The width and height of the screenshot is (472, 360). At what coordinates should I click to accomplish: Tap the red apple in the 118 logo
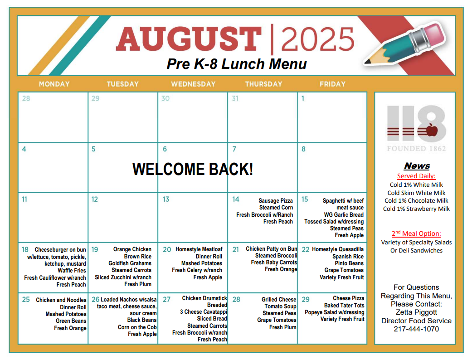click(x=432, y=130)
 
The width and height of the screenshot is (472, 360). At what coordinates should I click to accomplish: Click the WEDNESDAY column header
click(x=193, y=84)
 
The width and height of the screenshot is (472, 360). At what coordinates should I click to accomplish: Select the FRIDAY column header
click(x=332, y=84)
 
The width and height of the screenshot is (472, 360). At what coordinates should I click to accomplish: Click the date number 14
click(x=236, y=199)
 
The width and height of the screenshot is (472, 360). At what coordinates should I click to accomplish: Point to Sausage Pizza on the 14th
click(x=275, y=201)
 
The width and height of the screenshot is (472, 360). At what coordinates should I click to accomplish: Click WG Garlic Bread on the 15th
click(x=344, y=214)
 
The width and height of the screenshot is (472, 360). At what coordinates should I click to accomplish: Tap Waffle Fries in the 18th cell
click(x=72, y=271)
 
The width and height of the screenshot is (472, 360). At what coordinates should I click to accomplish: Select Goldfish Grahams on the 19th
click(x=130, y=263)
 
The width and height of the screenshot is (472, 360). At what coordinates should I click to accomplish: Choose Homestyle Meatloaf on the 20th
click(x=199, y=249)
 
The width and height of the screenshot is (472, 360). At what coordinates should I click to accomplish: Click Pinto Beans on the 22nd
click(x=349, y=263)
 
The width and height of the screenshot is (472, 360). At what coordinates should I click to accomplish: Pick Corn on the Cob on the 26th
click(x=137, y=327)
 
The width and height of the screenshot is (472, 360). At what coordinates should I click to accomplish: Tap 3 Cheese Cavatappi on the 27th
click(x=204, y=312)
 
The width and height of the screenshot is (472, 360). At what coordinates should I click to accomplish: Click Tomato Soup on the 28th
click(x=280, y=306)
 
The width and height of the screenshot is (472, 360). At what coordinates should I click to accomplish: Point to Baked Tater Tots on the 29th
click(x=344, y=305)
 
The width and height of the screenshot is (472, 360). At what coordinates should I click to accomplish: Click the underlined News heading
click(x=417, y=166)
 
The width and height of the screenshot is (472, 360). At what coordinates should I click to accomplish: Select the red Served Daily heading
click(x=416, y=176)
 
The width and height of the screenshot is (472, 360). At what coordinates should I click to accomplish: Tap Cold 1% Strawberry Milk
click(x=416, y=209)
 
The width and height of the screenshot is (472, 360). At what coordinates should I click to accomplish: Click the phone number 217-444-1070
click(x=416, y=329)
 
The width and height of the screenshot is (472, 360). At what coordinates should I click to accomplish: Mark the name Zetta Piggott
click(x=416, y=312)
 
